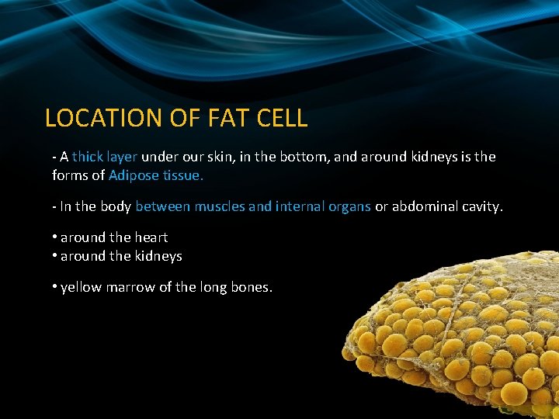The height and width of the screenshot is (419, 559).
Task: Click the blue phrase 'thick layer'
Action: click(105, 157)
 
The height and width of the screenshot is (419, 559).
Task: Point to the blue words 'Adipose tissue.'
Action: click(156, 175)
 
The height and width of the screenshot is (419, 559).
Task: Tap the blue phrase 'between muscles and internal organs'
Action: click(253, 206)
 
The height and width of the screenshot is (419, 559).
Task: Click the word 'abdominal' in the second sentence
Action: click(424, 206)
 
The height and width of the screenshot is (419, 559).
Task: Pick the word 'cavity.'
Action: click(481, 206)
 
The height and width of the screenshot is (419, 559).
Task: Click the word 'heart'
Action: click(151, 237)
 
